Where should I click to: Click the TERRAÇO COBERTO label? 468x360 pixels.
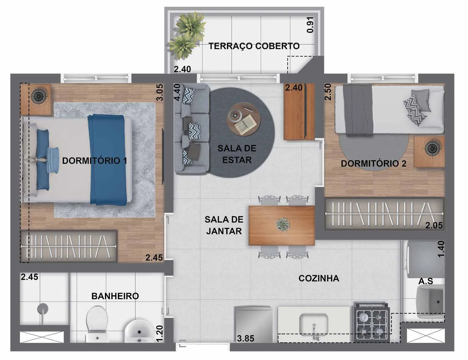pos(254,46)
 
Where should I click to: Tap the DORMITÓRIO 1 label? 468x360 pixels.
pos(95,161)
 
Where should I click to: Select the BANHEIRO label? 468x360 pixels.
pos(115,296)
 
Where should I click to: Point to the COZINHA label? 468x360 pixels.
pos(319,278)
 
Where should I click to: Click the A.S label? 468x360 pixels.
pos(426,281)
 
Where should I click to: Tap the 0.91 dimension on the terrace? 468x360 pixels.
pos(310,25)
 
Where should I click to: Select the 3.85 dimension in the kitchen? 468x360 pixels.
pos(246,339)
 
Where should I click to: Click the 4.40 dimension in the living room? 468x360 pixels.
pos(177,92)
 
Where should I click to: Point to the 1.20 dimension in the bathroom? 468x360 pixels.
pos(159,334)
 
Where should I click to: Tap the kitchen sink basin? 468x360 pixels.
pos(314,324)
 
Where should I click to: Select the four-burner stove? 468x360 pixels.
pos(372,323)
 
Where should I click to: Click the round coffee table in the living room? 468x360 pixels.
pos(243,119)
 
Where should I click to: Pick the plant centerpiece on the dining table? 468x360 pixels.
pos(283,224)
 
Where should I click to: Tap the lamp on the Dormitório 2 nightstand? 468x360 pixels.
pos(432,148)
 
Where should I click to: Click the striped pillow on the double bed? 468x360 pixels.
pos(53,160)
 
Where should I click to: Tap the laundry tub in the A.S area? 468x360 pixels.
pos(430,301)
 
